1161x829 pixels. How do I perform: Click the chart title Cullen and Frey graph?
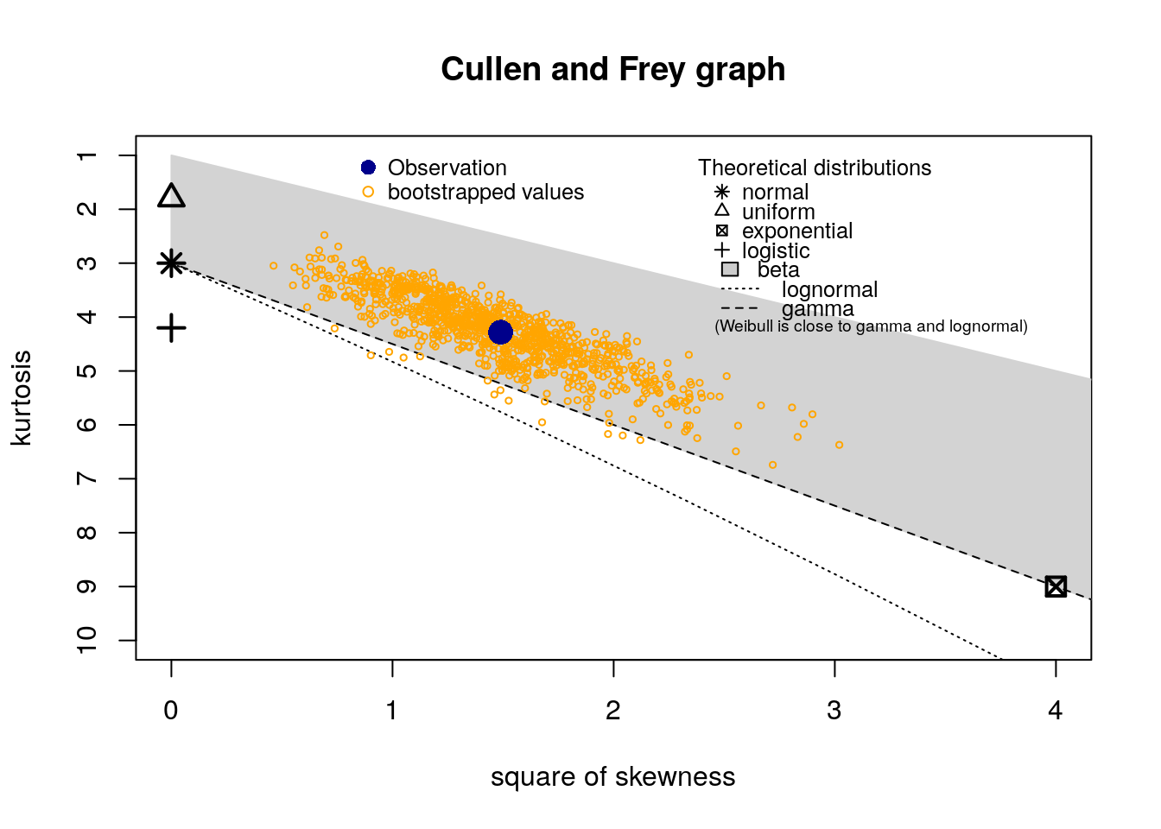(612, 69)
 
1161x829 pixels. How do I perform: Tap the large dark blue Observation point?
(500, 332)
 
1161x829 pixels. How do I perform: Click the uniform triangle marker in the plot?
(172, 197)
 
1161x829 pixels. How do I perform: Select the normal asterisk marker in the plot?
(172, 263)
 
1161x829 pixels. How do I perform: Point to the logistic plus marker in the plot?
(172, 328)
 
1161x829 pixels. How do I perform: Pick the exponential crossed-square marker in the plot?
(1056, 586)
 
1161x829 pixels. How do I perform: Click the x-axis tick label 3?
(834, 711)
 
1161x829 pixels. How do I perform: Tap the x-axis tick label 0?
(171, 711)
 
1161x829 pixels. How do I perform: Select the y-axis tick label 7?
(87, 478)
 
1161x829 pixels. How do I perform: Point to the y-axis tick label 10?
(87, 640)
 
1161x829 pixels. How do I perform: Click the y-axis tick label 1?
(87, 155)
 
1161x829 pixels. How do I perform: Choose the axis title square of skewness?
(612, 777)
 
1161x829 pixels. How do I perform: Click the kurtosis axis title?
(22, 397)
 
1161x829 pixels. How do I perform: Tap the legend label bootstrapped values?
(485, 192)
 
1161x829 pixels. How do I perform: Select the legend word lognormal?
(829, 289)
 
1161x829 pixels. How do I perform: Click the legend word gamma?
(817, 309)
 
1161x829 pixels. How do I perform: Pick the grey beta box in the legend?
(730, 269)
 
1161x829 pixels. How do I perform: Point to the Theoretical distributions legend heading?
(814, 168)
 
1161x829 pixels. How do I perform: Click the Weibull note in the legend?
(871, 326)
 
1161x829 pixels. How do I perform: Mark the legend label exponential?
(796, 231)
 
